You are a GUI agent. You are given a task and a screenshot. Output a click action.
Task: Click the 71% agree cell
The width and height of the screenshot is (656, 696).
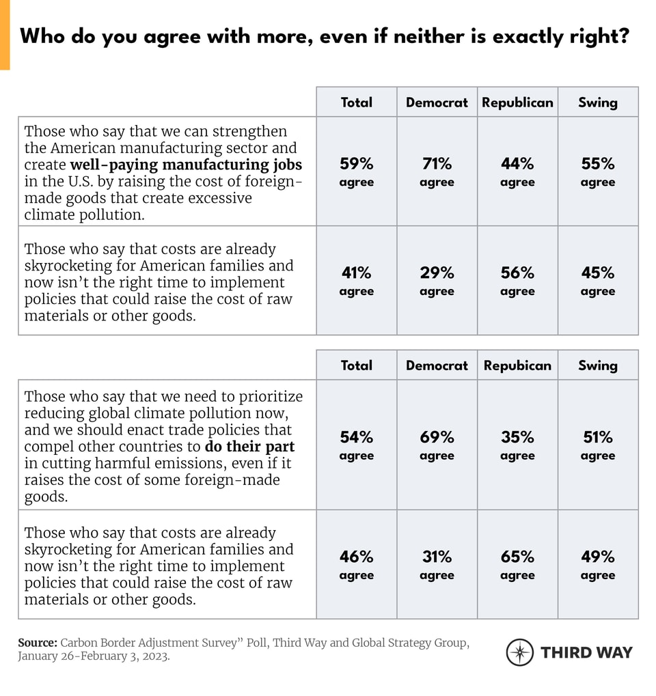tap(437, 171)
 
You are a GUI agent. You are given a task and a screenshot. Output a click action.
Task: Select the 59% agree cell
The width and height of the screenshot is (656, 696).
tap(356, 171)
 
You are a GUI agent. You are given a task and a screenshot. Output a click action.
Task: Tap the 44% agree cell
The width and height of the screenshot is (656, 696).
tap(517, 171)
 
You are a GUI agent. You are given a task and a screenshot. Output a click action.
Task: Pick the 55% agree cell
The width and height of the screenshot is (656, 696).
tap(598, 171)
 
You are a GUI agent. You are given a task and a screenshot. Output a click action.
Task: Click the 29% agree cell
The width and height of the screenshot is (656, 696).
tap(437, 281)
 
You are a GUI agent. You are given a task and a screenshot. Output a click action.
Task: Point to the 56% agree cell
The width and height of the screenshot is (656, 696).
tap(517, 281)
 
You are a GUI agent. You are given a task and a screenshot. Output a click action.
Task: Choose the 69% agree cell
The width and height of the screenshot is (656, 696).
tap(437, 445)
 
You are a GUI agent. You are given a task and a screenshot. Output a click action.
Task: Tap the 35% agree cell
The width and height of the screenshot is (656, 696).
tap(517, 445)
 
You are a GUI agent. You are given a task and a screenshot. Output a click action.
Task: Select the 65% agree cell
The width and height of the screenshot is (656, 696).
tap(517, 565)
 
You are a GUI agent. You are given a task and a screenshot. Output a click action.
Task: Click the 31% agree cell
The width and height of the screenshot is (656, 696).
tap(437, 565)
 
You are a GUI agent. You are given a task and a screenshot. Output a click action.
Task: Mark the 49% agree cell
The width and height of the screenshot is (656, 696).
tap(598, 565)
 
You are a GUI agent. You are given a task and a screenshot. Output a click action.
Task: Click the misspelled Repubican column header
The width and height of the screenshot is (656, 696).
tap(517, 365)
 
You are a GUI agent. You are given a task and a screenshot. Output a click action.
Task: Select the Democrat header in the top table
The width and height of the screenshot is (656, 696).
tap(437, 102)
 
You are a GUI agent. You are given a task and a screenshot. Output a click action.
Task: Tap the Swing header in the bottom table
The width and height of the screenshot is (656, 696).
tap(598, 365)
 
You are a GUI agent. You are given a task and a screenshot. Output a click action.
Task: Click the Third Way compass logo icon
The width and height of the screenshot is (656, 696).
tap(519, 652)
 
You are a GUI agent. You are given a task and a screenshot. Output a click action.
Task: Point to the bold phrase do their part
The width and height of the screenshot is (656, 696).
tap(249, 447)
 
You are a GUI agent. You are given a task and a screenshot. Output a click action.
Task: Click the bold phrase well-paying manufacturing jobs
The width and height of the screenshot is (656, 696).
tap(186, 165)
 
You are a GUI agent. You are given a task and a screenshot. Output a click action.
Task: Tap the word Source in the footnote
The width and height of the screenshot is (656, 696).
tap(37, 643)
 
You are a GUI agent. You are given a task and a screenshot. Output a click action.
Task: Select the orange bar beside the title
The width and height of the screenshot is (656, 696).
tap(5, 34)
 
